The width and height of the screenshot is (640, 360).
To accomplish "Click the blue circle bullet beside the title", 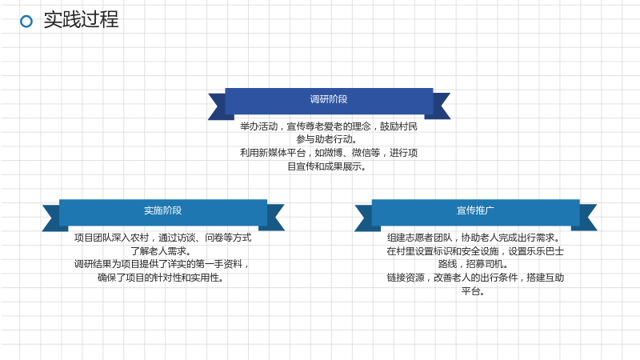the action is coord(26,22).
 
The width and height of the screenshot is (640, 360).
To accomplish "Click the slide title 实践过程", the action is coord(82,19).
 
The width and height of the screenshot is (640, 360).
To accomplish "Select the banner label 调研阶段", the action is coord(329,99).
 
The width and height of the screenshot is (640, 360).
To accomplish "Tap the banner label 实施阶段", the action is coord(163,210).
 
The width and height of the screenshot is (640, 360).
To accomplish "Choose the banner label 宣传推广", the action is coord(475,210).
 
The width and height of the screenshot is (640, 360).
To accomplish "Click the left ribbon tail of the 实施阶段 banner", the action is coord(52,218).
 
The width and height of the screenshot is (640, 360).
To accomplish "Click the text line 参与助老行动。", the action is coord(326,139).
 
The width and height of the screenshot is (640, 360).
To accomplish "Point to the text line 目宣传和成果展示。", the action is coord(326,166).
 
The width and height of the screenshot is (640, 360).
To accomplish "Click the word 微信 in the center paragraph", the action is coord(362,153).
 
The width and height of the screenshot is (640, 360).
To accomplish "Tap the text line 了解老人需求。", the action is coord(161,250).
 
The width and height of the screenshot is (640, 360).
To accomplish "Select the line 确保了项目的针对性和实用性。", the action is coord(161,278).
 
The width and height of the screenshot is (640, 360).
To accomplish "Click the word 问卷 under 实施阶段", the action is coord(214,238).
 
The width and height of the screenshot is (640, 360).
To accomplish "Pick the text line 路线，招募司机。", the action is coord(474,264).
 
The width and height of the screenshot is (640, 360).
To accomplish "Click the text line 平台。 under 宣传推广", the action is coord(474,291).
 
